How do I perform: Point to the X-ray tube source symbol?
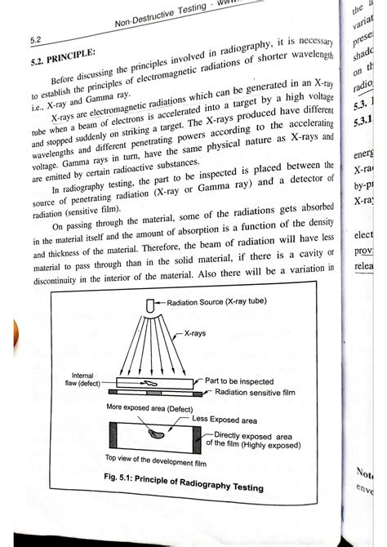(150, 306)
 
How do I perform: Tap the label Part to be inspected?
(241, 380)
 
